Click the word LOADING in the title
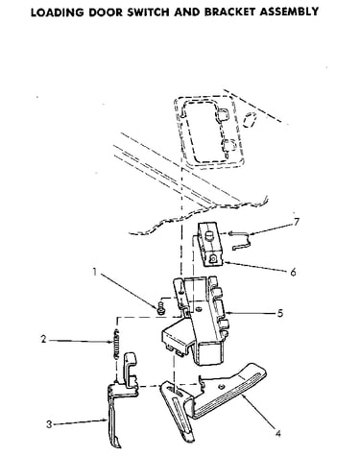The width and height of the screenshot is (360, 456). [x=58, y=12]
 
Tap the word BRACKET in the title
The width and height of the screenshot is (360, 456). [x=229, y=12]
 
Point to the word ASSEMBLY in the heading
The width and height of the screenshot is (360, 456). [x=289, y=12]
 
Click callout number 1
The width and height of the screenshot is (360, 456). [x=94, y=272]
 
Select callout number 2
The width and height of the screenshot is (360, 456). [x=43, y=339]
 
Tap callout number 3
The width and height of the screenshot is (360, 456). [x=49, y=424]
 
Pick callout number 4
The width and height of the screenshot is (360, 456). [x=277, y=434]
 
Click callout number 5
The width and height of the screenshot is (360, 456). [x=280, y=313]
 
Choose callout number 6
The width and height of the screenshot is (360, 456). [x=293, y=273]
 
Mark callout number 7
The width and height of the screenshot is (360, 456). [x=297, y=222]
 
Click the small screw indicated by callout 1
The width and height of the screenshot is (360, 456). [x=160, y=308]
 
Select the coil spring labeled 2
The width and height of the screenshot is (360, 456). [x=116, y=344]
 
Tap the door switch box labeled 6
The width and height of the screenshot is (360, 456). [x=210, y=244]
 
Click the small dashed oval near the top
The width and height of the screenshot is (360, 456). [x=250, y=120]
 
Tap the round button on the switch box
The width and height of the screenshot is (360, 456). [x=209, y=236]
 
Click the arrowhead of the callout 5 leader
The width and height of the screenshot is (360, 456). [x=228, y=313]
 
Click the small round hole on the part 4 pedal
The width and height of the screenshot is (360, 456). [x=220, y=387]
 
